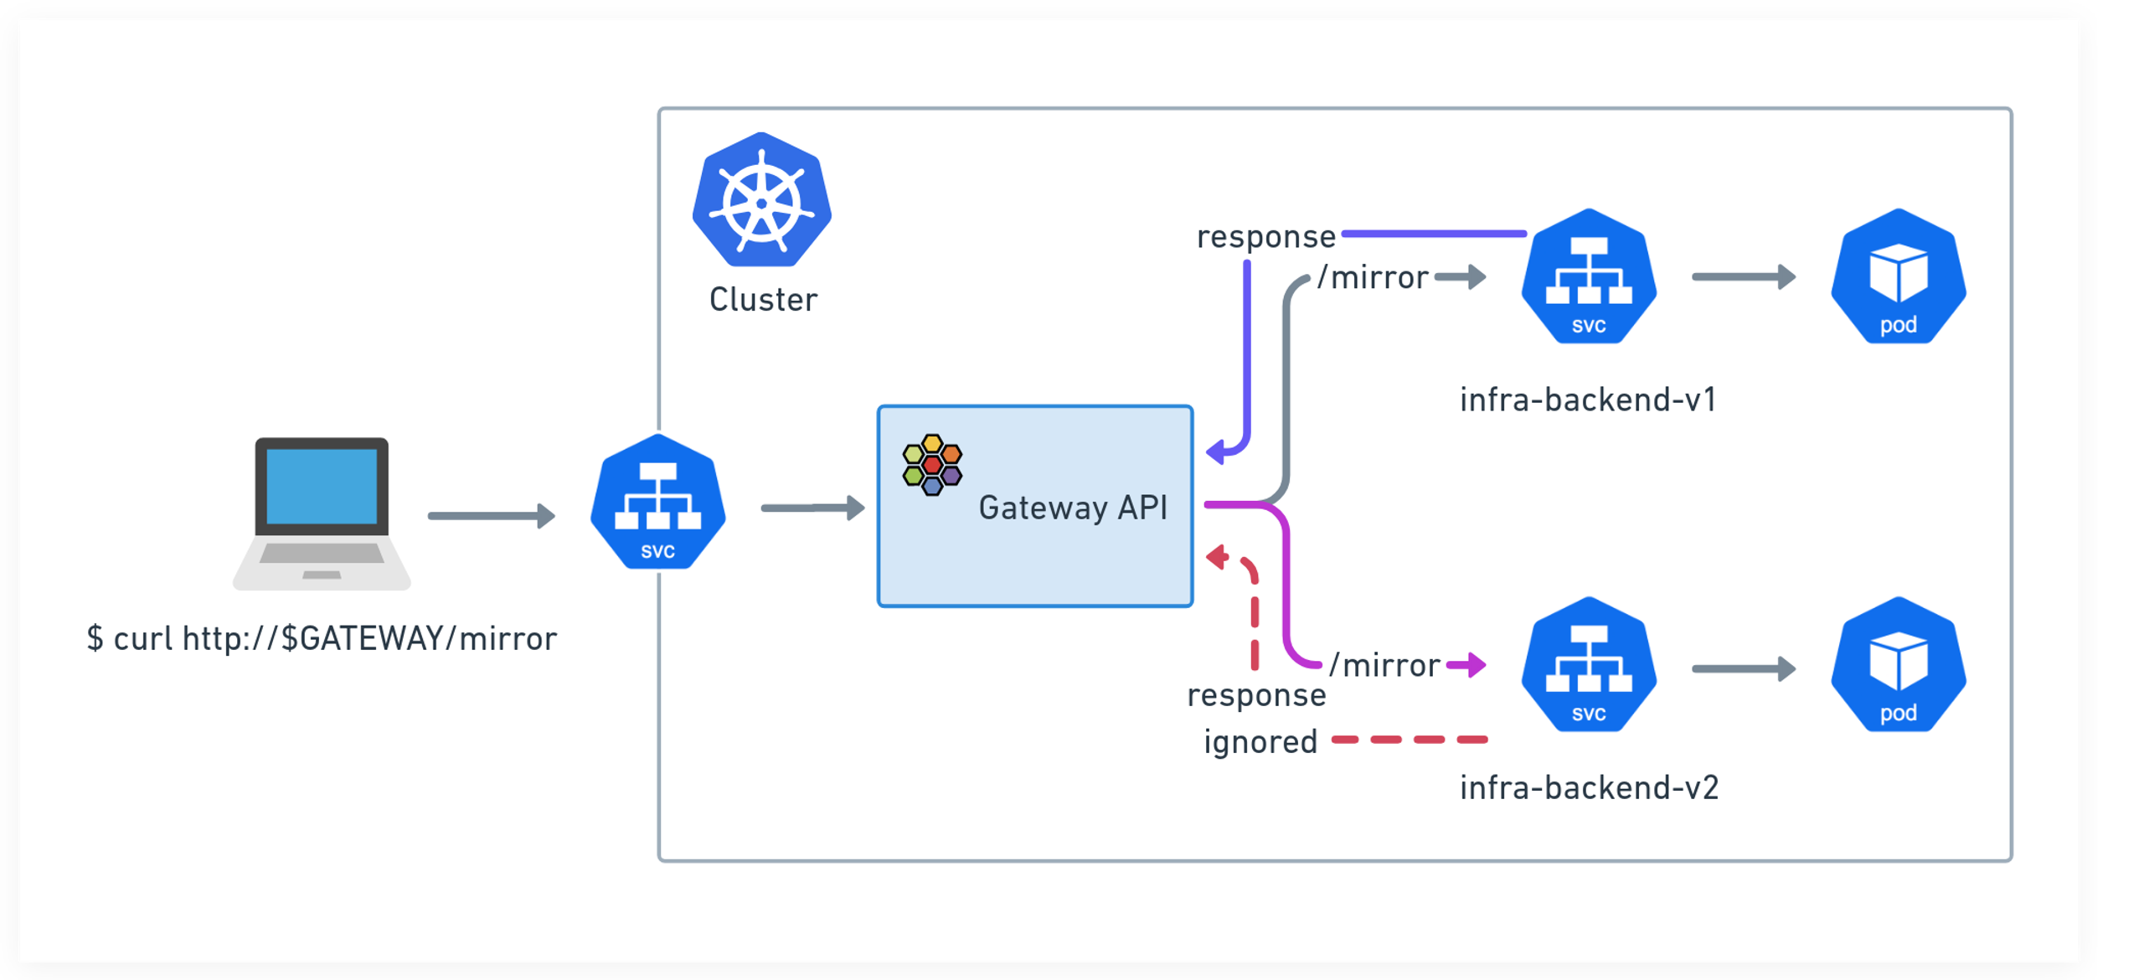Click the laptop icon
(x=322, y=513)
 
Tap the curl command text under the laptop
(x=322, y=638)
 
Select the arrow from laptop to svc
(x=491, y=515)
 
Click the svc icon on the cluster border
(x=658, y=503)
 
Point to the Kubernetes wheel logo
(x=761, y=200)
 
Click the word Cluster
(x=763, y=300)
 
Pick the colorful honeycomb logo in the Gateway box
(x=932, y=464)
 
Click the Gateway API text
(x=1073, y=508)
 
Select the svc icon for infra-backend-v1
(x=1588, y=277)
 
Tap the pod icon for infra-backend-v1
(x=1898, y=277)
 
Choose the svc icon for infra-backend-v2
(x=1588, y=665)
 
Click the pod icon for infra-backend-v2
(x=1898, y=665)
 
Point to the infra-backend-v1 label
(x=1588, y=400)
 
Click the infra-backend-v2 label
(x=1589, y=787)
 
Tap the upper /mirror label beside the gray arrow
(x=1373, y=277)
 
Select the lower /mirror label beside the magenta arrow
(x=1384, y=665)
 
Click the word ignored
(x=1260, y=742)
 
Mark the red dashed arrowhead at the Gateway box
(x=1217, y=557)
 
